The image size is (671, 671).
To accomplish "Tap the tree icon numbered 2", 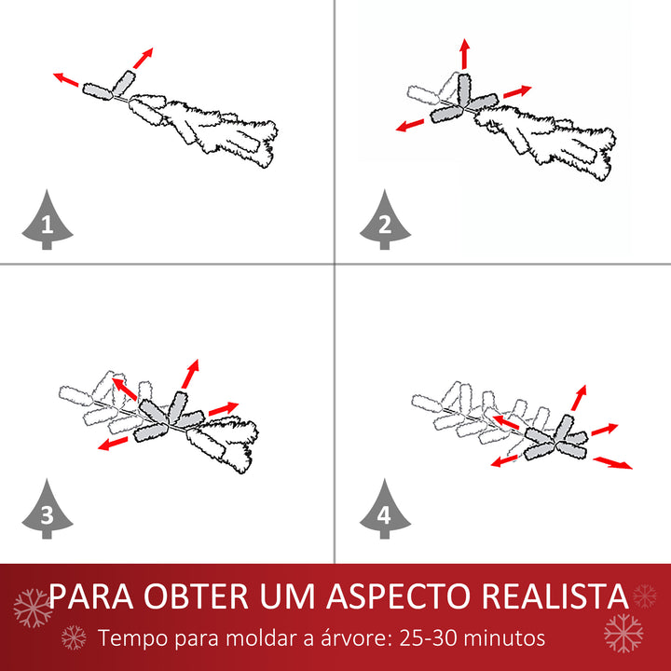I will click(x=384, y=221).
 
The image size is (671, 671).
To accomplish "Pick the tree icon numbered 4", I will click(x=384, y=510).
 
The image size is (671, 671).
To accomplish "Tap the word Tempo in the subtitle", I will click(x=130, y=639).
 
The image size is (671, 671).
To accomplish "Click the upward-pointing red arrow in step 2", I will click(x=464, y=54).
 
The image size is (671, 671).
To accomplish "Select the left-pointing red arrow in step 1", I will click(x=66, y=79).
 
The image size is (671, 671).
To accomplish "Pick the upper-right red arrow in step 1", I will click(x=143, y=58).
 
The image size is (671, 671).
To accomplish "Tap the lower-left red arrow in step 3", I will click(x=113, y=445).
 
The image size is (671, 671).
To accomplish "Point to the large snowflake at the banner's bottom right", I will click(x=623, y=633).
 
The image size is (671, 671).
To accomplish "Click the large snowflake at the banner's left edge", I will click(x=33, y=608).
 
